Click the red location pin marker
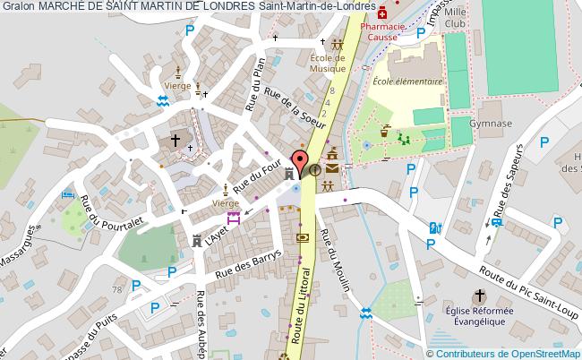click(301, 156)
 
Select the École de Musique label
click(328, 63)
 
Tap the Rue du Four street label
click(254, 173)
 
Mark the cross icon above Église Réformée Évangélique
click(479, 295)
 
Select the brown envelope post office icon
click(333, 167)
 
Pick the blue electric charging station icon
click(435, 227)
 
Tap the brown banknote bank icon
click(303, 237)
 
